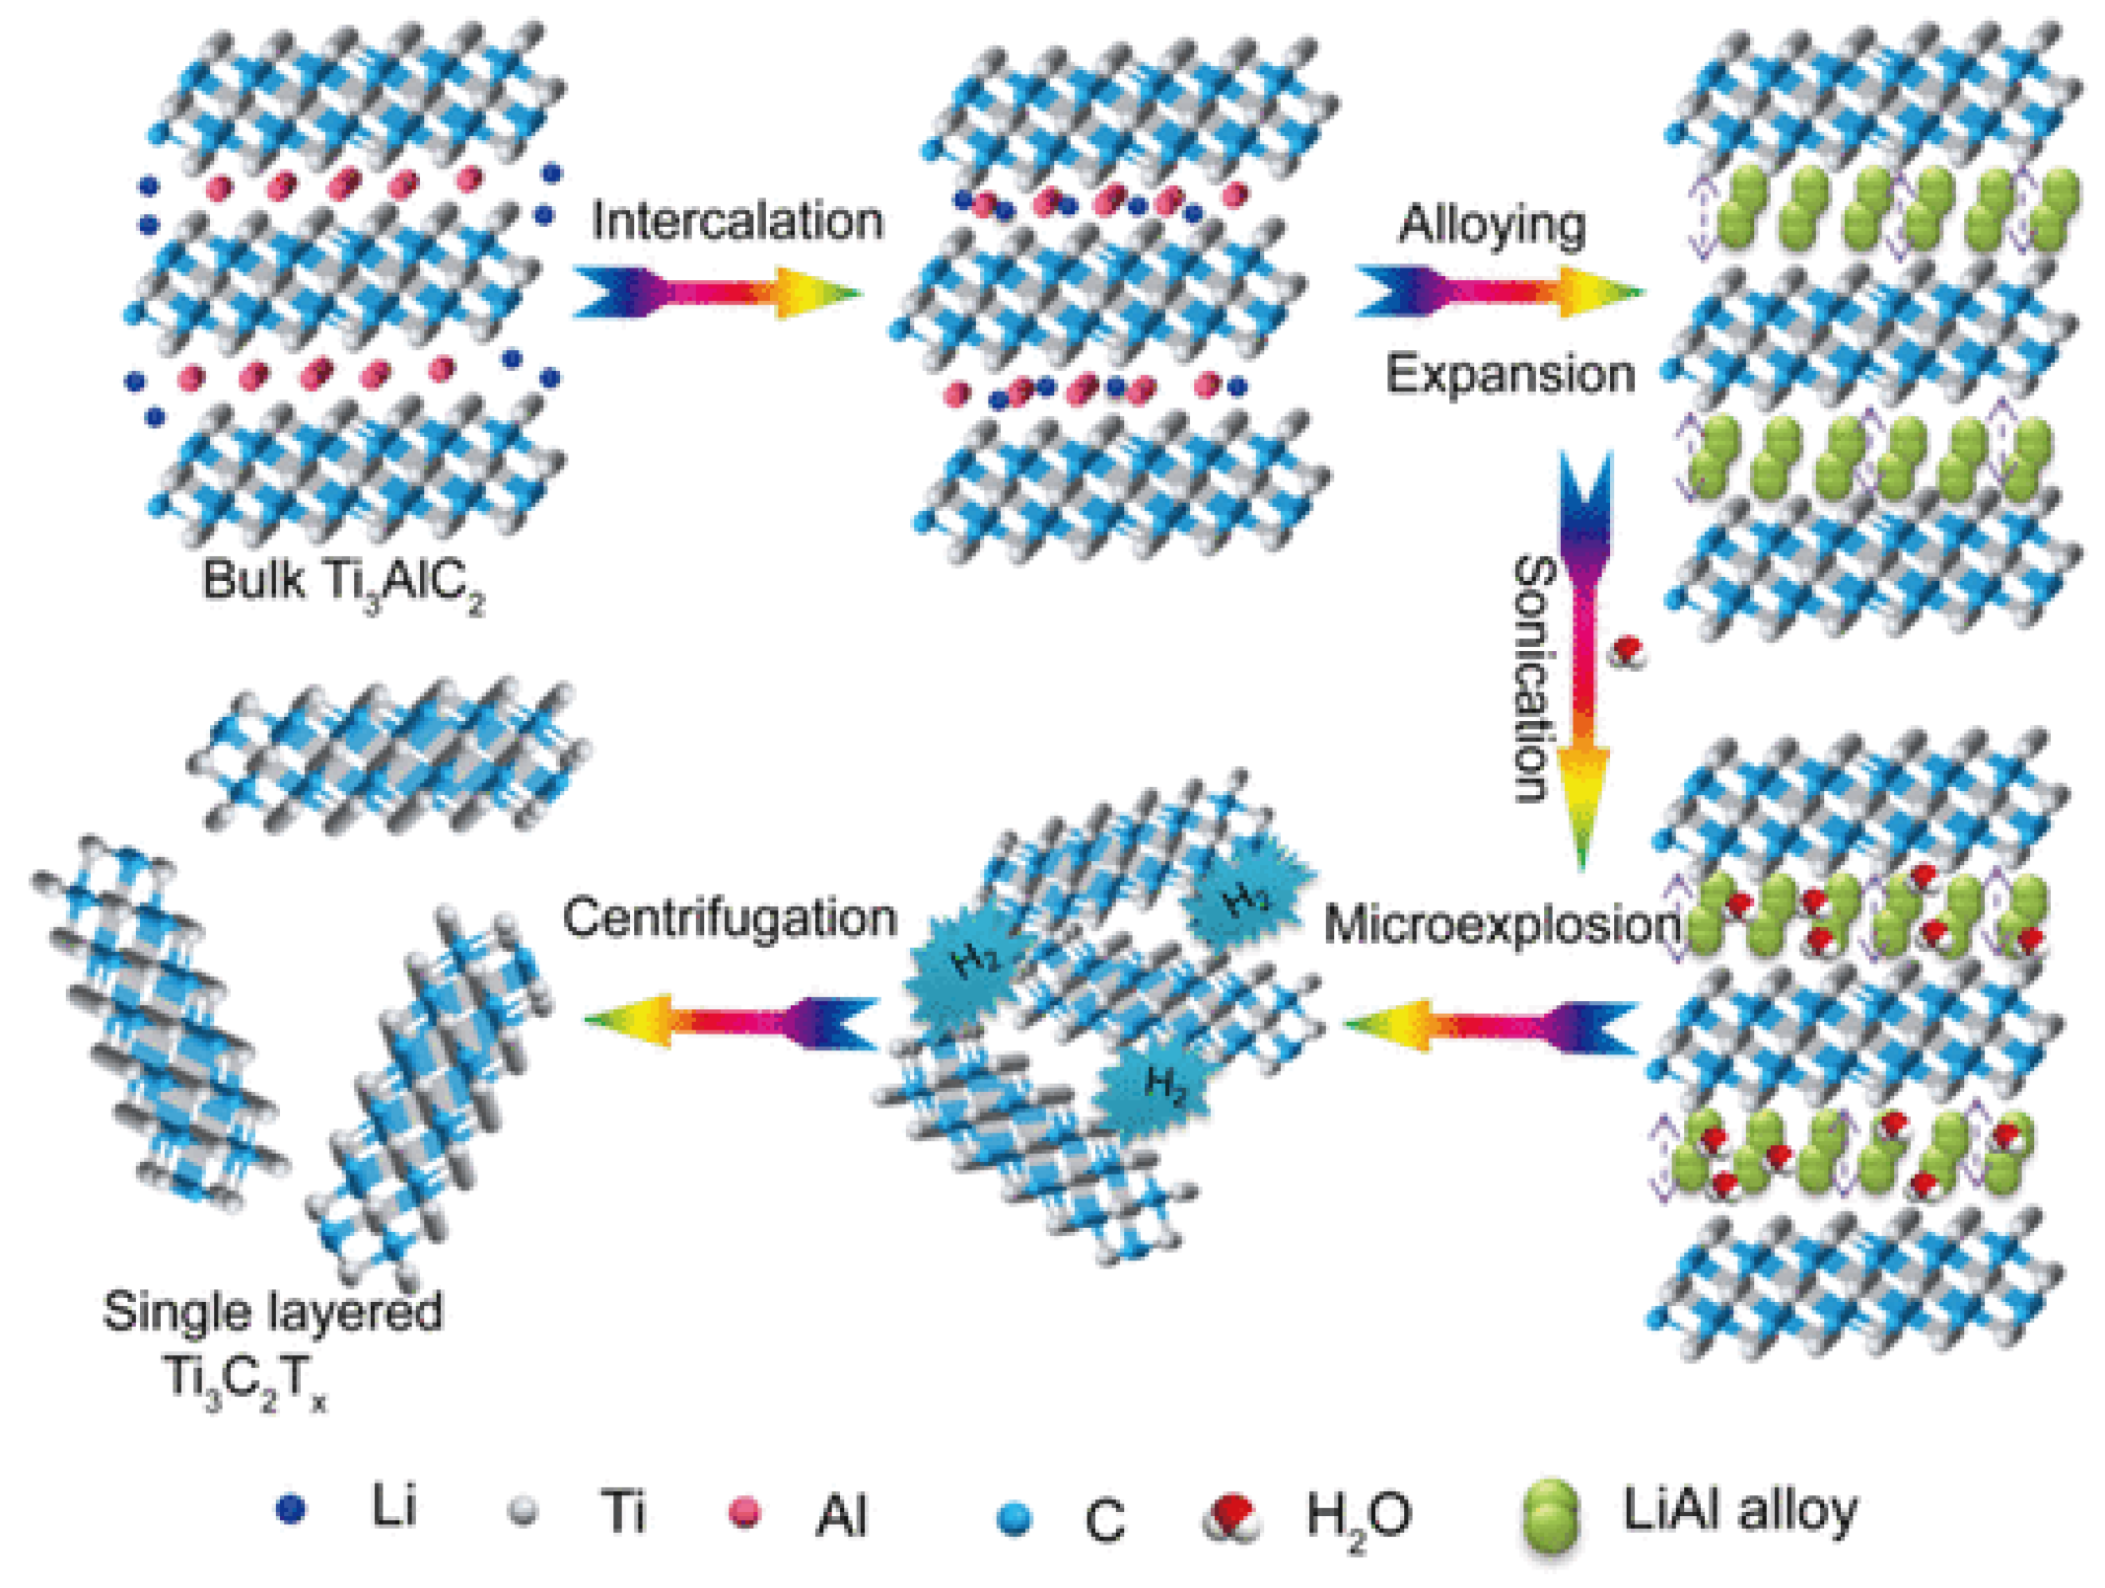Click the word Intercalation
(737, 220)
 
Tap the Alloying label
(1492, 225)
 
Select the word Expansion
(1509, 375)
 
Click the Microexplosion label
(1502, 925)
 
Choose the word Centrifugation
(730, 917)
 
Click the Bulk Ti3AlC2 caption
(343, 582)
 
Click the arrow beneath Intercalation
(717, 292)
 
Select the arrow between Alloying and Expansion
(1499, 292)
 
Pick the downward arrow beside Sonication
(1584, 661)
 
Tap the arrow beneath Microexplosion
(1491, 1026)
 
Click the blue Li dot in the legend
(291, 1509)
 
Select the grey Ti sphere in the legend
(523, 1511)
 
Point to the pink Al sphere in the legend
(743, 1512)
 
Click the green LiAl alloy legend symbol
(1551, 1518)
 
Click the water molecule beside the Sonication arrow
(1627, 652)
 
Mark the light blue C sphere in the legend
(1014, 1518)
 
